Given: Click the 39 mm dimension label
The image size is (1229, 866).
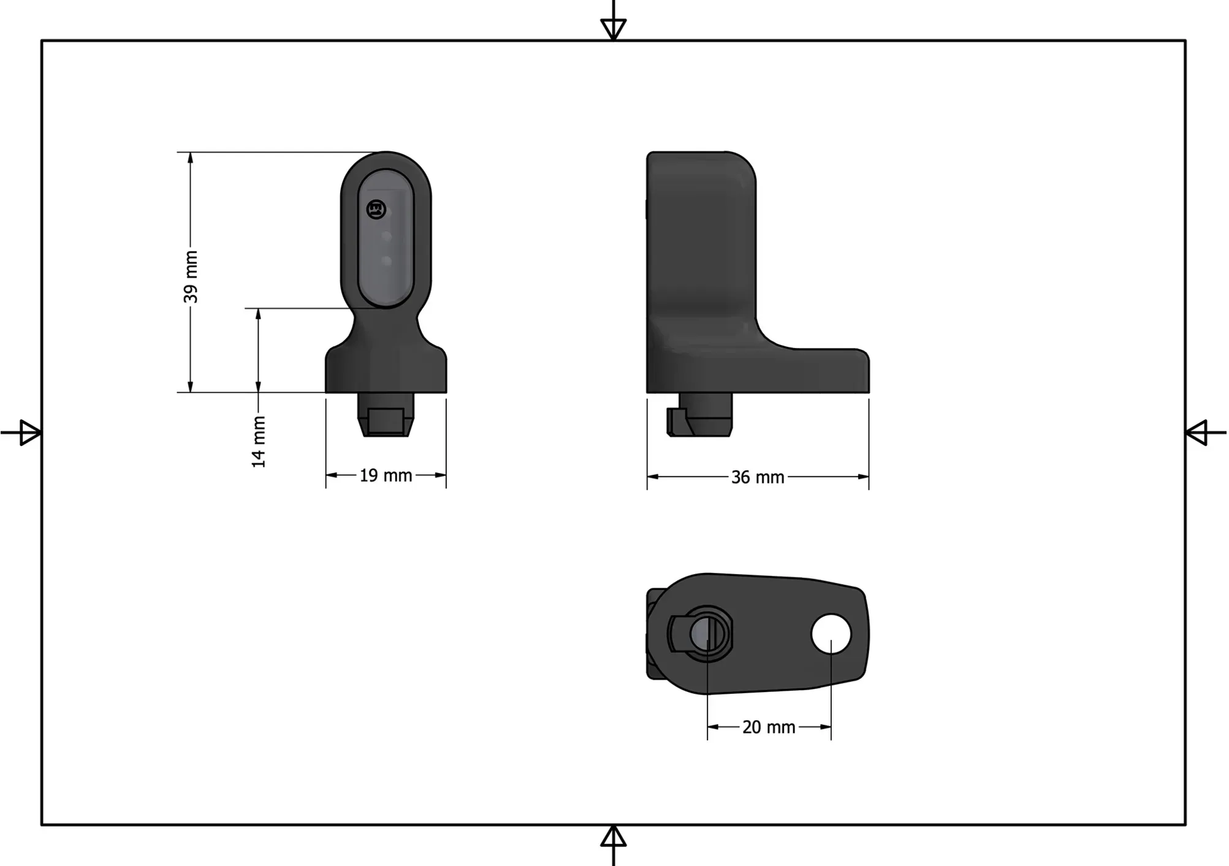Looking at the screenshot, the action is (x=191, y=276).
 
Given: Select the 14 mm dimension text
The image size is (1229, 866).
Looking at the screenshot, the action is (x=259, y=442).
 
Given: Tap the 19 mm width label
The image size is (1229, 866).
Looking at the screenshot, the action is (x=386, y=476).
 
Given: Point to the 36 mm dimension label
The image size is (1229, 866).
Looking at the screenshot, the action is (x=758, y=477).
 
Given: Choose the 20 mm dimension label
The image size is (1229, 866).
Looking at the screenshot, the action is (x=769, y=727).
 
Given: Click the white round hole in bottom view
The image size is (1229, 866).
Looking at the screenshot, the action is (x=831, y=634).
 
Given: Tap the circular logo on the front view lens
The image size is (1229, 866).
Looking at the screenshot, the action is (x=376, y=210).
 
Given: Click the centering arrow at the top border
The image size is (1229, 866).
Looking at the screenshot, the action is (x=614, y=28).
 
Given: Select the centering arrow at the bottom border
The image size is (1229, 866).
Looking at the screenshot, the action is (x=614, y=837).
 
